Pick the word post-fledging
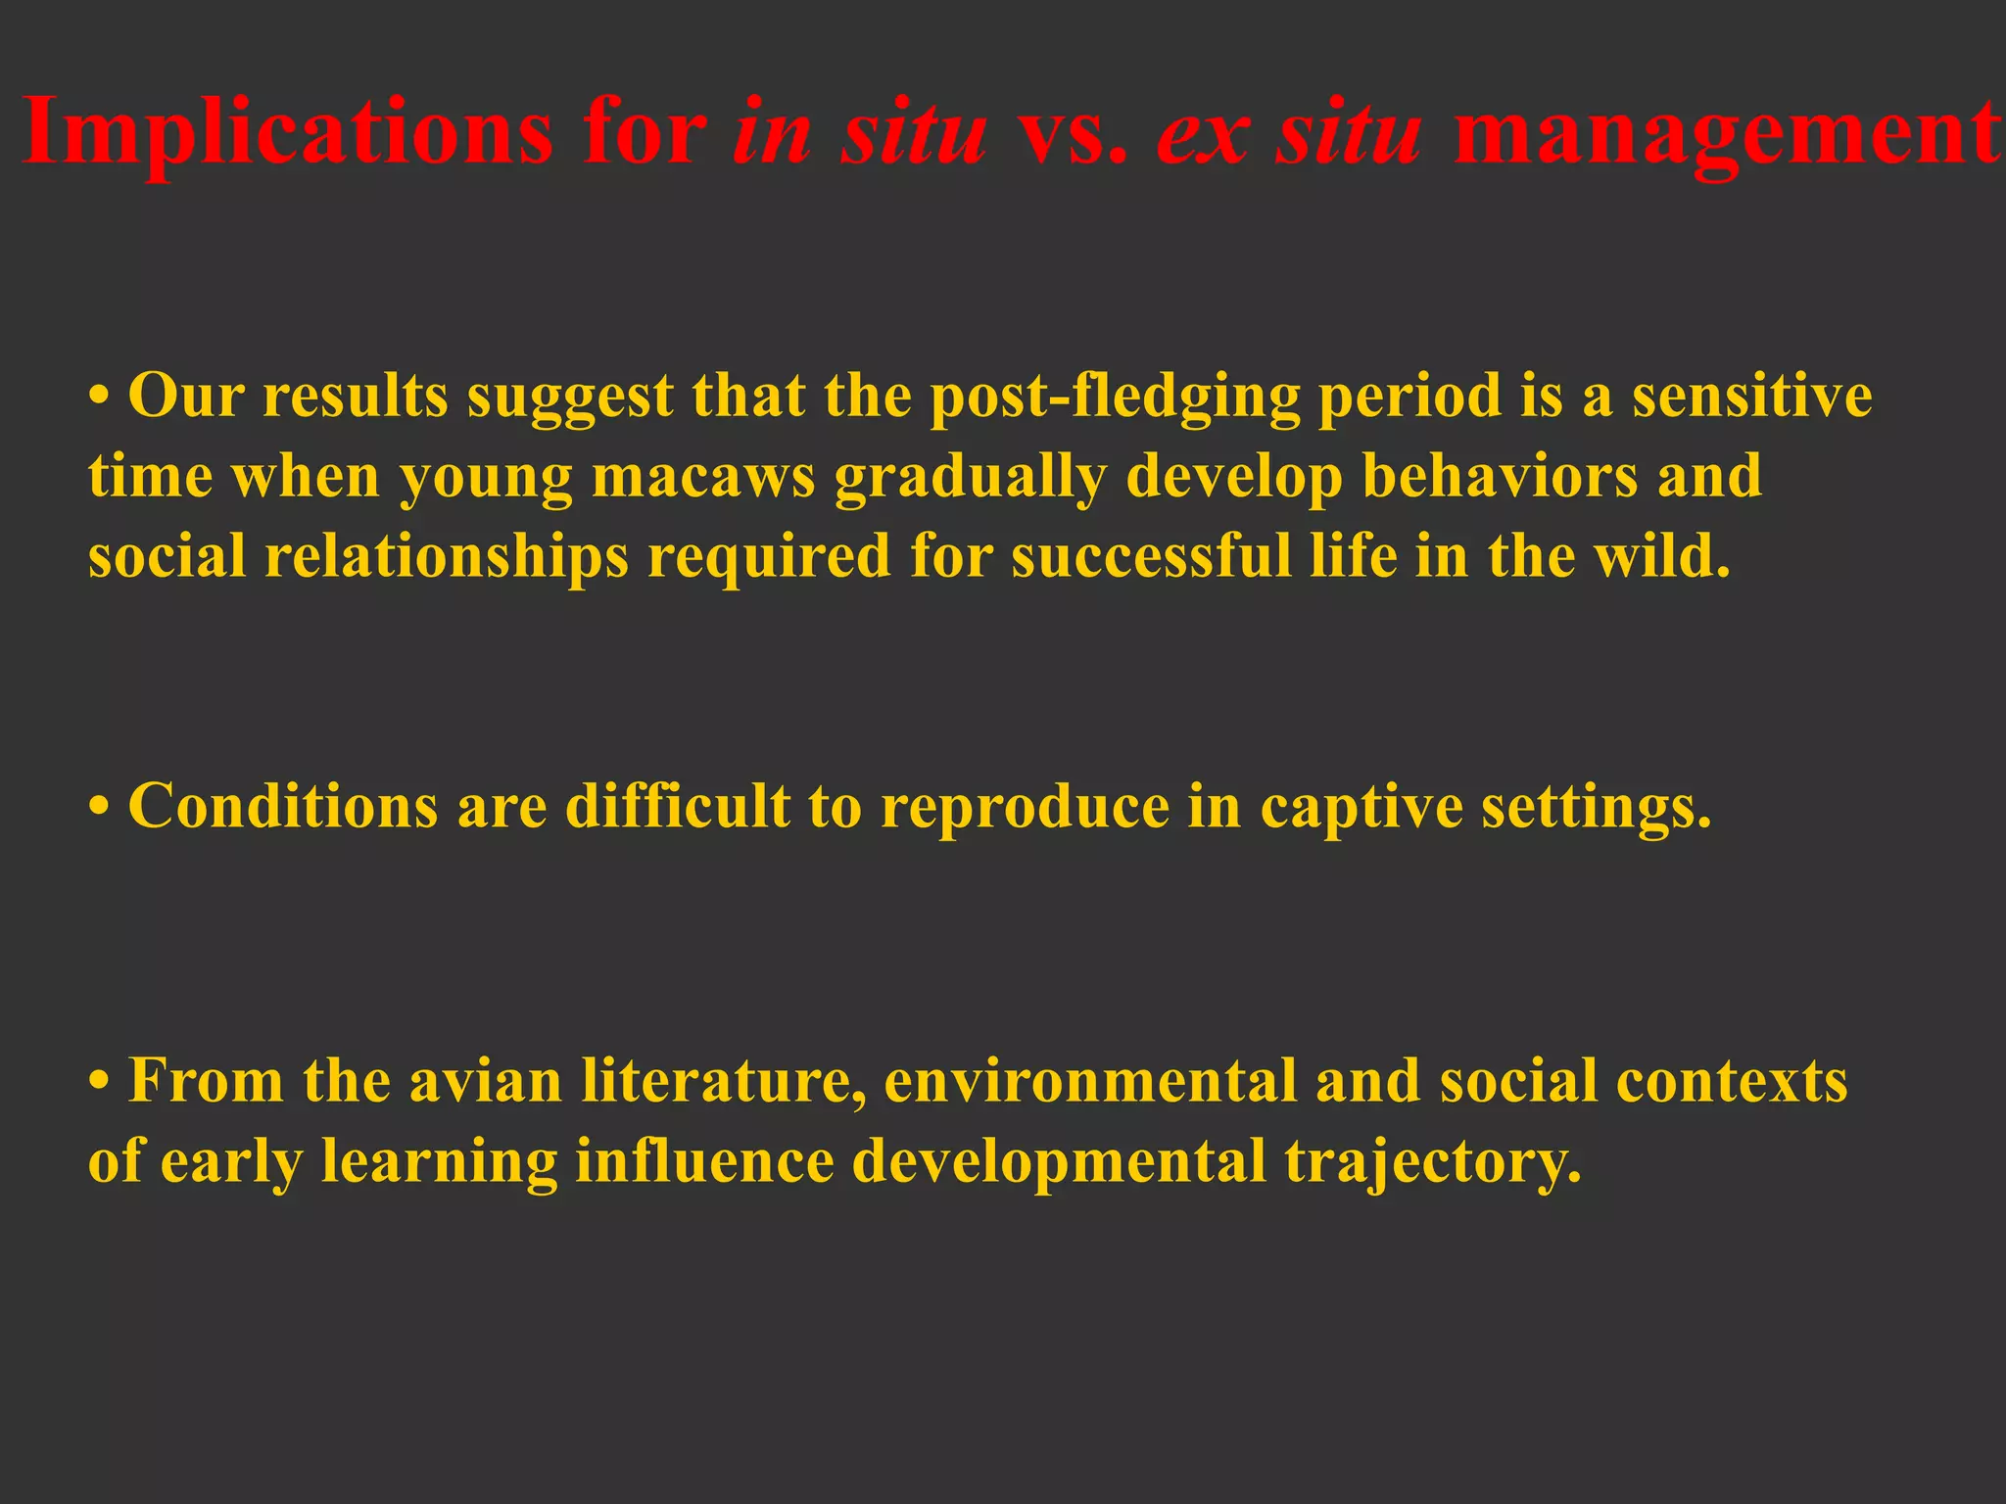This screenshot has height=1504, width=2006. coord(1116,397)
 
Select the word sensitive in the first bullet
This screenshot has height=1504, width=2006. coord(1752,397)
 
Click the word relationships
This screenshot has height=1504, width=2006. coord(447,557)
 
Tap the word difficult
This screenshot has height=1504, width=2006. coord(678,808)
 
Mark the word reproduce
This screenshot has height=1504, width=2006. coord(1025,808)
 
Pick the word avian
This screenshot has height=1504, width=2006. coord(486,1082)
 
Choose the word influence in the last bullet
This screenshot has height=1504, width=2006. coord(704,1162)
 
